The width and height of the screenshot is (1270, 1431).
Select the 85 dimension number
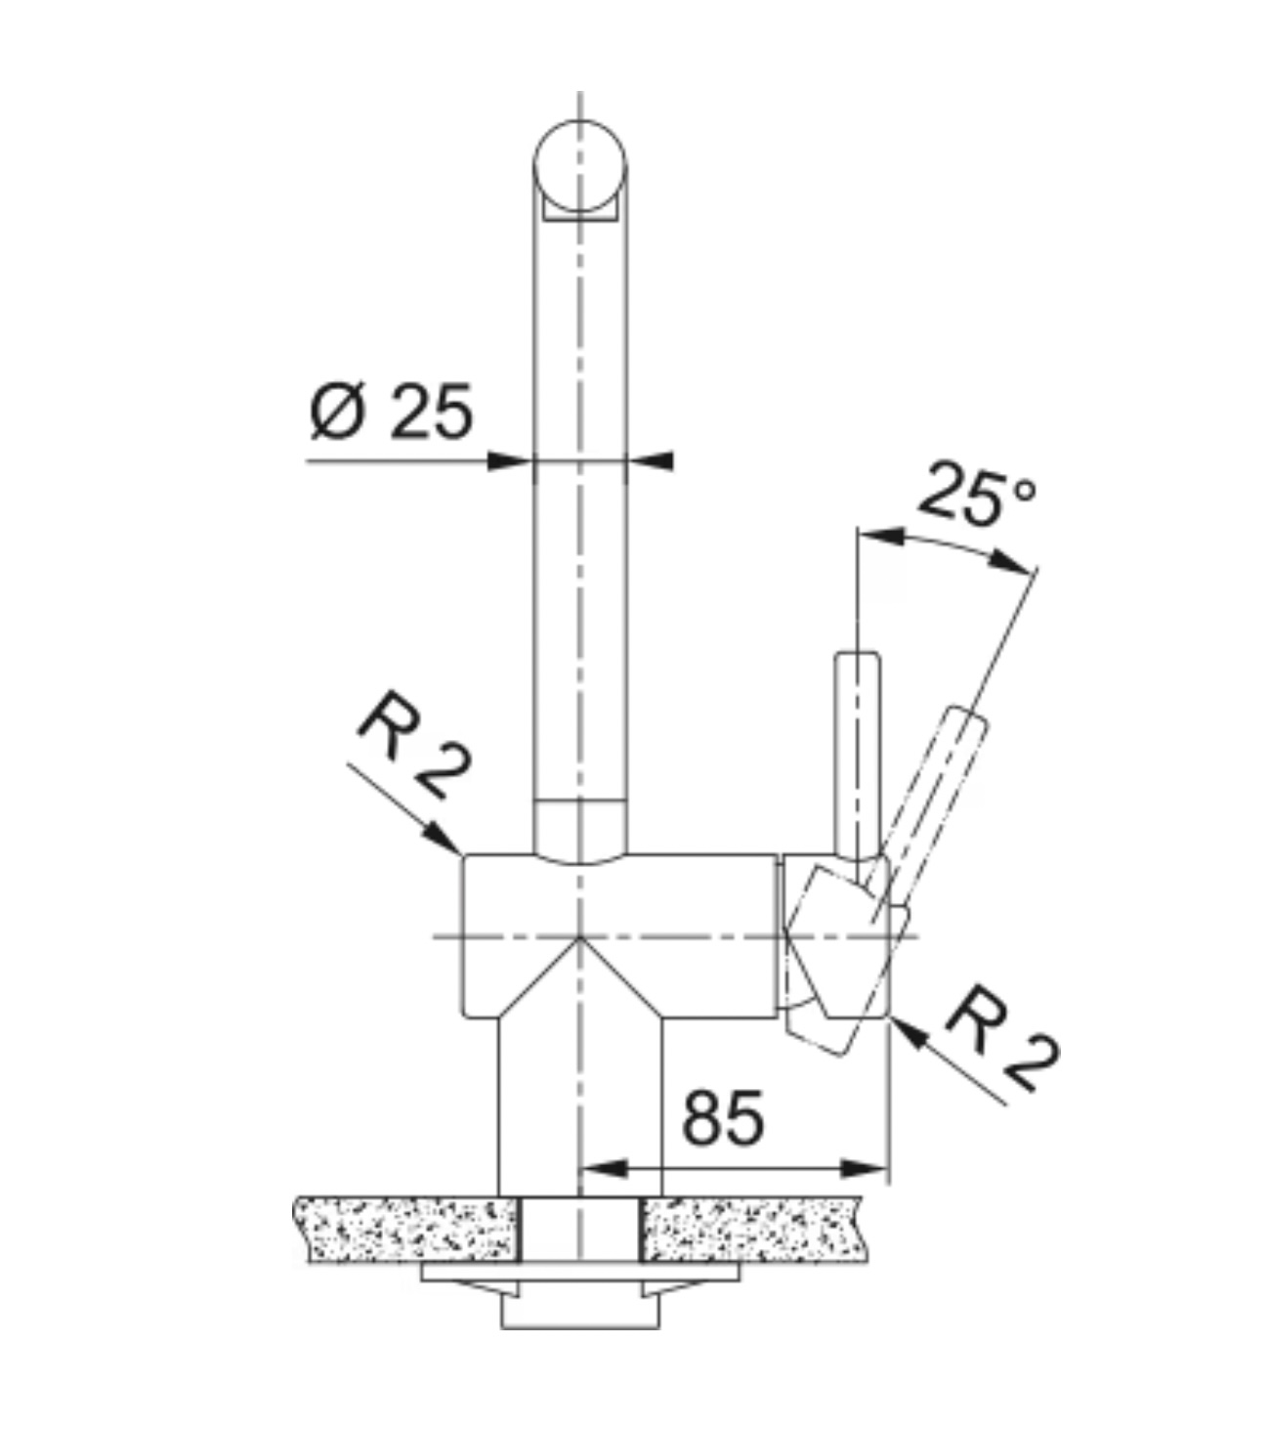[x=724, y=1119]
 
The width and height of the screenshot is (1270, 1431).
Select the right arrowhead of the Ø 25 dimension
[x=650, y=461]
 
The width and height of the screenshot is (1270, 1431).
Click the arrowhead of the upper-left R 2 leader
[x=444, y=838]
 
